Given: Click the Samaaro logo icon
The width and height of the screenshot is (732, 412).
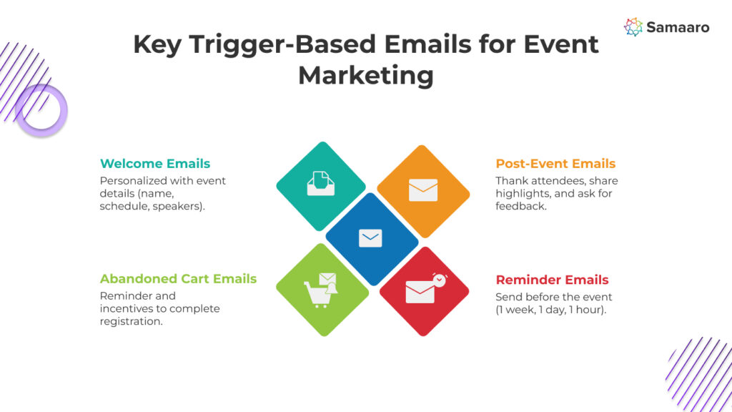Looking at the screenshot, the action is [x=633, y=27].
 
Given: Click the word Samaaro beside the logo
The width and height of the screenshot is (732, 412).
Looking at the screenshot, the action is [x=678, y=28].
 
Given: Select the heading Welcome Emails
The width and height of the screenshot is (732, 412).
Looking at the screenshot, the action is [x=155, y=164].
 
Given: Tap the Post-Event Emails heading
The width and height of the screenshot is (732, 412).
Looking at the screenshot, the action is [x=555, y=164].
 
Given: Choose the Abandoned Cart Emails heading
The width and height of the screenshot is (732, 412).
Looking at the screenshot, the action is [x=178, y=279].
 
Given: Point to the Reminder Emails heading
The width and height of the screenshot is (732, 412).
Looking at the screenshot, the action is [x=553, y=280].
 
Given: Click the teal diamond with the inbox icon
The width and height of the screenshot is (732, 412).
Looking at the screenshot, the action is [x=321, y=187].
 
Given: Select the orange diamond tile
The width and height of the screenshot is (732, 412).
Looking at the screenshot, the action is [x=423, y=191].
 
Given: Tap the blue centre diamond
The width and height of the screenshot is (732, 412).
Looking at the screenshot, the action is [x=372, y=239].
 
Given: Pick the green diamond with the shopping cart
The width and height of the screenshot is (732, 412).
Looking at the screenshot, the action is [x=322, y=290].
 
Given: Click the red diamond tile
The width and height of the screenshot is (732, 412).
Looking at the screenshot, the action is [x=425, y=291].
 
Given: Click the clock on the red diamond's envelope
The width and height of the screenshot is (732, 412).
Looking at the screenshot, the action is [x=440, y=280].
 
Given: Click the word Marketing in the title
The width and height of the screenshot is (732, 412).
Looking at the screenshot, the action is [x=366, y=75].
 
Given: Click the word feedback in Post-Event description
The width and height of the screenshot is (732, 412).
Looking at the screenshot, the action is [x=520, y=206].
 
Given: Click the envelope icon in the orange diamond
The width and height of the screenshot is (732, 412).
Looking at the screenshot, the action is [x=423, y=190].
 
